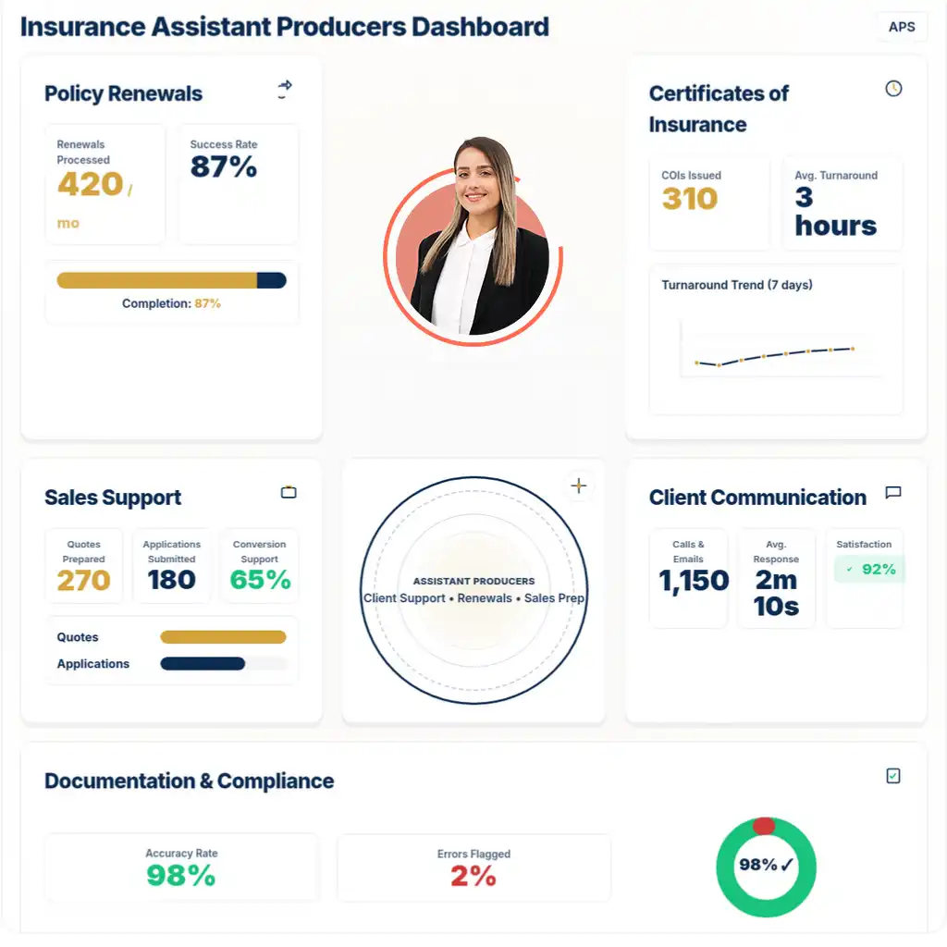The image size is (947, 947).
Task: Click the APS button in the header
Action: click(x=901, y=27)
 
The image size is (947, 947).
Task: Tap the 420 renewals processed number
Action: click(x=91, y=184)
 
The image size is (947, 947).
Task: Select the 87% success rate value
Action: click(x=224, y=167)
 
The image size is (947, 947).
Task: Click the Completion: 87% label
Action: click(x=171, y=303)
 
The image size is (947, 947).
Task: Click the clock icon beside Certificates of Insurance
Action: click(x=893, y=89)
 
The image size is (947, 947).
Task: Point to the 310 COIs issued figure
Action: click(x=690, y=199)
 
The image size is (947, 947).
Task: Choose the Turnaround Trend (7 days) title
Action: click(x=736, y=285)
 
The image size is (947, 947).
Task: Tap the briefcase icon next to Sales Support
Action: click(x=289, y=492)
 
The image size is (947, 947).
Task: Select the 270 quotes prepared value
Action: click(x=83, y=580)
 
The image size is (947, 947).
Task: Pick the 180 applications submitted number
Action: click(x=171, y=580)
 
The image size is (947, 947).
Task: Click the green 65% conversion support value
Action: click(x=260, y=580)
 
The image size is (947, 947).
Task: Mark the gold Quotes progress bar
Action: click(x=223, y=637)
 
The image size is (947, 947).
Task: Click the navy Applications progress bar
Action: click(x=203, y=663)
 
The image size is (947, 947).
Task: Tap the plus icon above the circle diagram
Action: click(x=579, y=486)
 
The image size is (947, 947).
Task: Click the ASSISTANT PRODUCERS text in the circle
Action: click(x=473, y=581)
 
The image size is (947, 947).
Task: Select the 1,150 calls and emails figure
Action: click(x=694, y=580)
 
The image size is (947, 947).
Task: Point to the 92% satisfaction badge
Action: click(x=870, y=570)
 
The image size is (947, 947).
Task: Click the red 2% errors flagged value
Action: click(x=473, y=876)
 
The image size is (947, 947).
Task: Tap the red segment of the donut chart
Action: click(x=764, y=825)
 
